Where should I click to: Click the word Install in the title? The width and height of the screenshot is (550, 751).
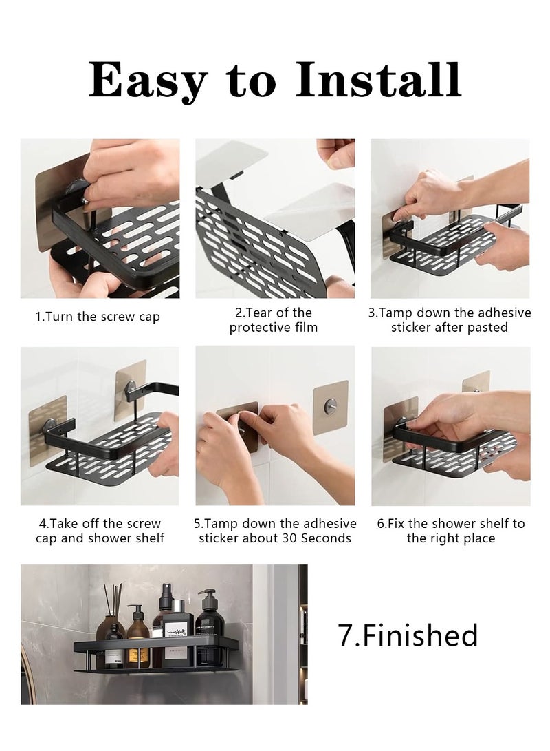point(378,81)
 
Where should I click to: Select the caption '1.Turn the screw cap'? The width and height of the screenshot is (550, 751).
point(98,317)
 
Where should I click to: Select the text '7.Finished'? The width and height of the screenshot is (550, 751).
point(408,635)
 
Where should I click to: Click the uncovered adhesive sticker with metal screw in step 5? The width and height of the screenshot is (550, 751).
point(331,408)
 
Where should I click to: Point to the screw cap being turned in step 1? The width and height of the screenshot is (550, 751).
point(78,189)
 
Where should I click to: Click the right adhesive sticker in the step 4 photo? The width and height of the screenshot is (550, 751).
point(130,390)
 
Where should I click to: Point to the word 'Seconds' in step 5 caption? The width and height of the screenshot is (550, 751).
point(325,538)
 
